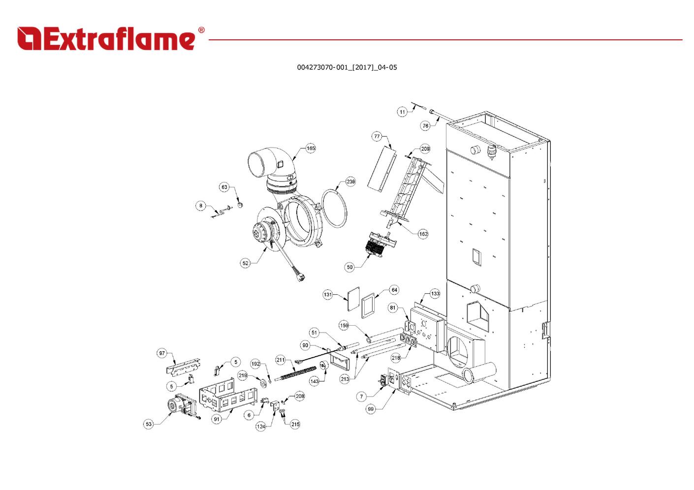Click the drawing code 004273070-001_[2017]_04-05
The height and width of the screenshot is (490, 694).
347,67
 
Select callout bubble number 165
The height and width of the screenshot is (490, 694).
311,149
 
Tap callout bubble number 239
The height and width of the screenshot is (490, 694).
350,182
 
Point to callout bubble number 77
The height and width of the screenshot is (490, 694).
377,136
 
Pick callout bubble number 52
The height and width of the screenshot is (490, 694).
246,263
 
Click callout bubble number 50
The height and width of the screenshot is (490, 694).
349,267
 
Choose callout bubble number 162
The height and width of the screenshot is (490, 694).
423,234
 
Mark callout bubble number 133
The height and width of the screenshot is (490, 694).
435,294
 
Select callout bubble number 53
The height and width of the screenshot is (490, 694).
149,424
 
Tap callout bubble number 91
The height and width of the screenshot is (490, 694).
217,419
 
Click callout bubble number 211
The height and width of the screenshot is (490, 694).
281,360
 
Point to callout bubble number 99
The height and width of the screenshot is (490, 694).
371,409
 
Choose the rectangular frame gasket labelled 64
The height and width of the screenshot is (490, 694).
368,305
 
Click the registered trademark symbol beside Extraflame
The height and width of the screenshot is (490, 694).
201,30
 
